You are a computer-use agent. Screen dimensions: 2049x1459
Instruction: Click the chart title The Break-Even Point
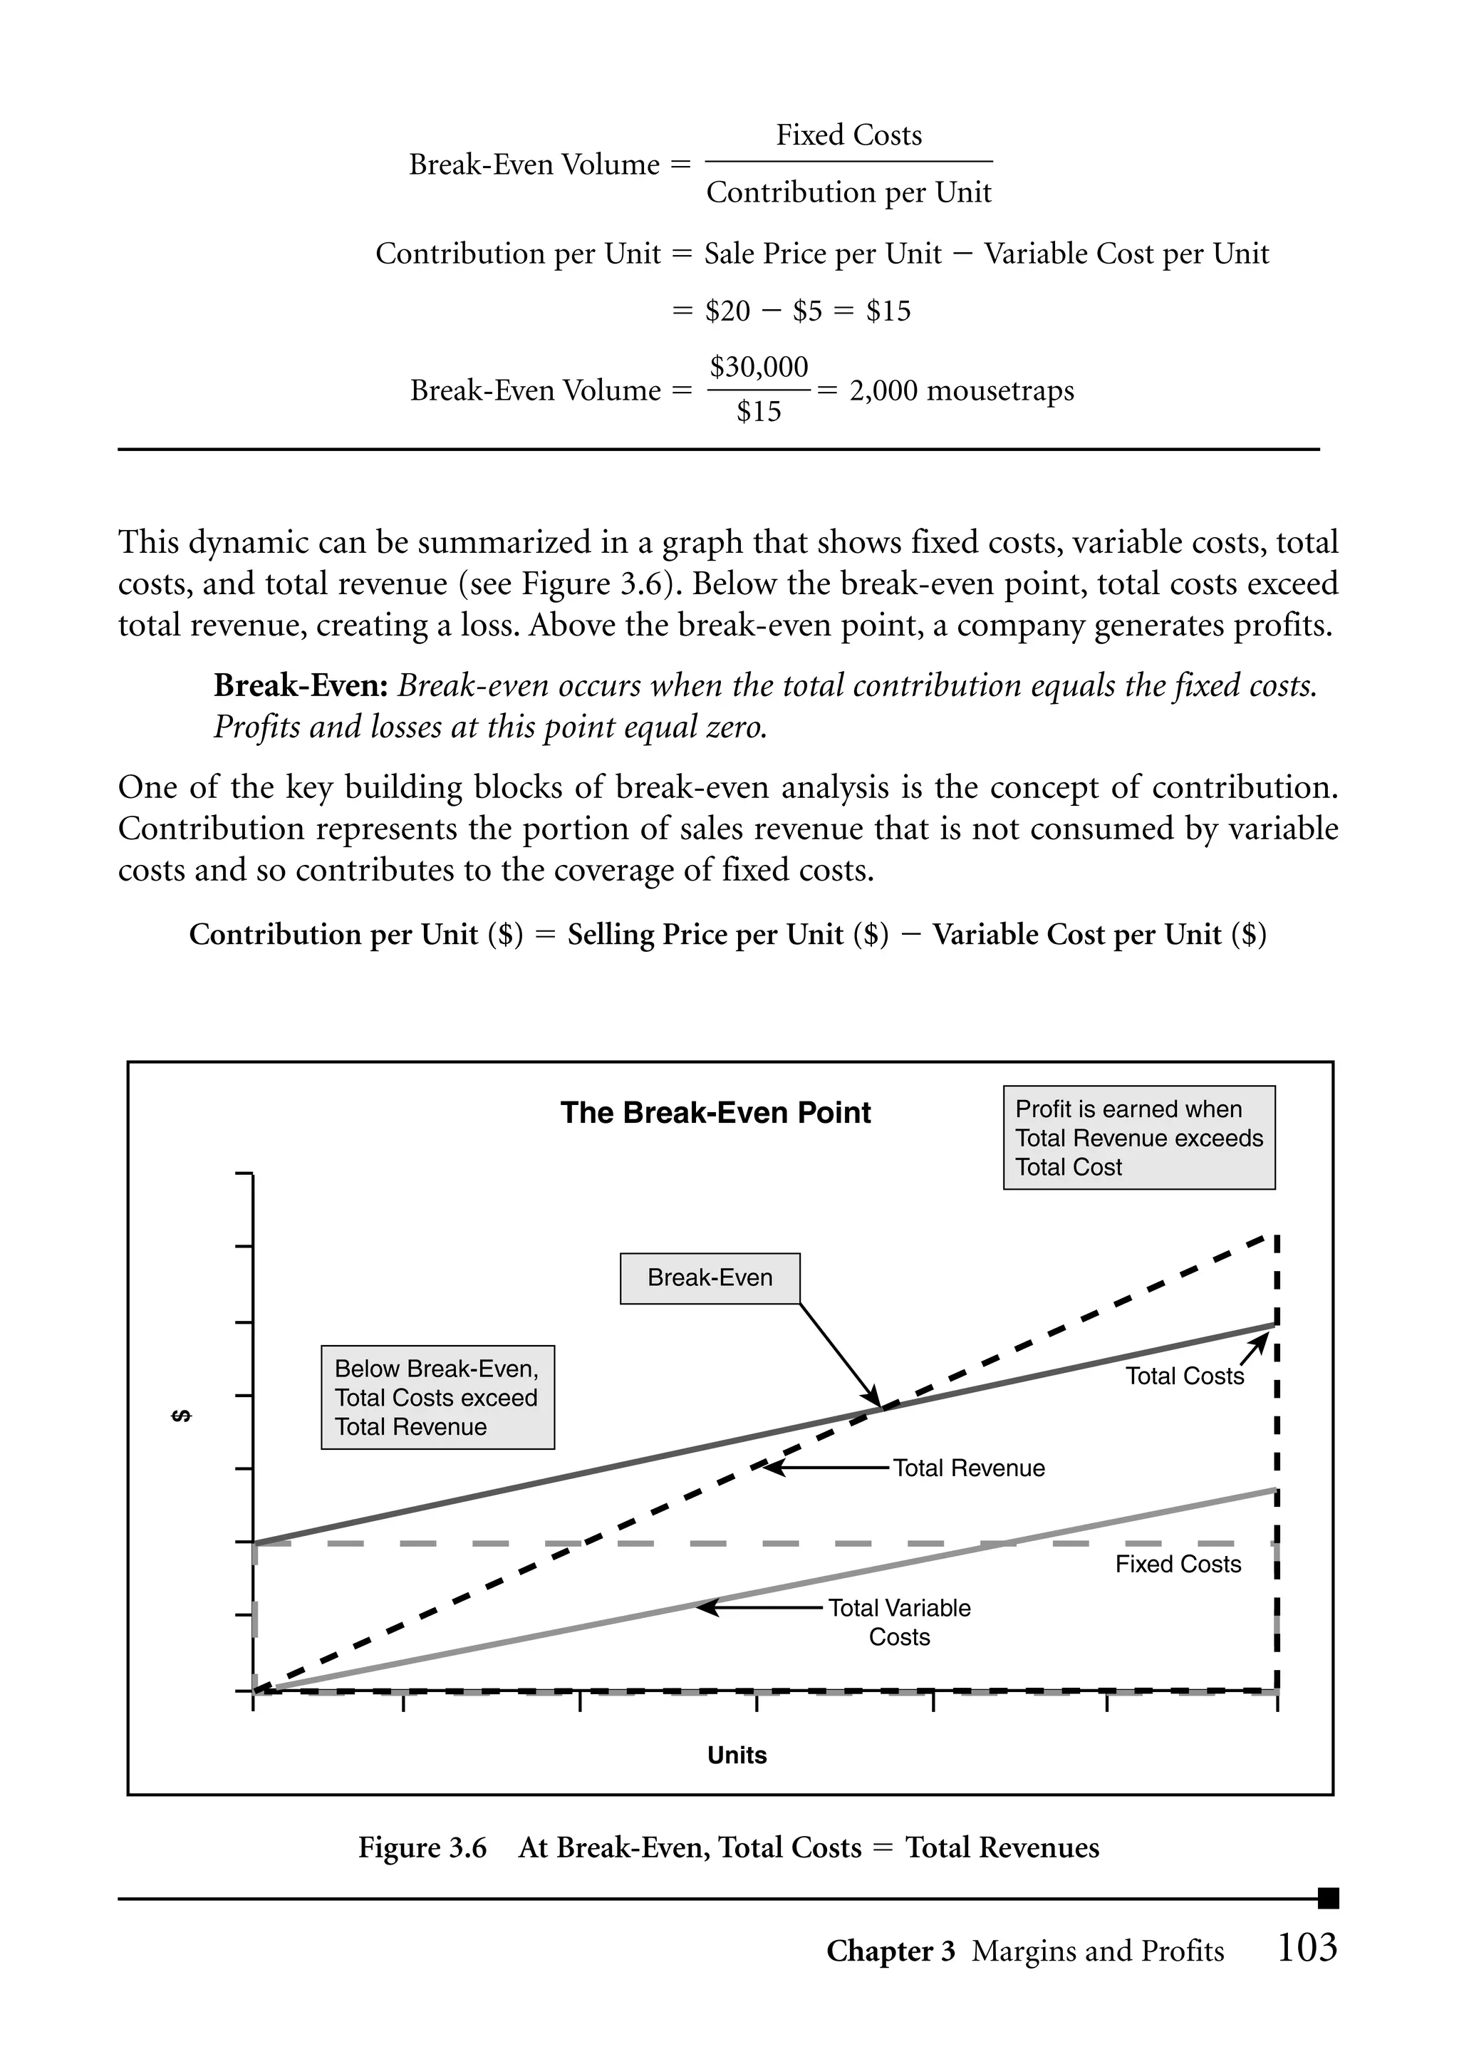(715, 1112)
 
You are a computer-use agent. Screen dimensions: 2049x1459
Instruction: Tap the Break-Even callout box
(710, 1277)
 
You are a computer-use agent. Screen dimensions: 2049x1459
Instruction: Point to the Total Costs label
(1184, 1376)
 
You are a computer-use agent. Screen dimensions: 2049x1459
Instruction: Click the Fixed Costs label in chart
(1178, 1564)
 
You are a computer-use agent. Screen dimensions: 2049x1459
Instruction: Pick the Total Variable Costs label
(898, 1622)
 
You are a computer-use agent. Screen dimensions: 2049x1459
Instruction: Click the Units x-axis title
(737, 1755)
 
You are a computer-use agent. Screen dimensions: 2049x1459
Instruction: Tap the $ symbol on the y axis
(182, 1416)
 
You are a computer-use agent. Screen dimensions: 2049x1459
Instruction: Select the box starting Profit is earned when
(1138, 1137)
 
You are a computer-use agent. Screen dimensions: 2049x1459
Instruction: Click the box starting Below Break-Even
(437, 1397)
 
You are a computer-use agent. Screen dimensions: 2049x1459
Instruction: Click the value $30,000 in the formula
(759, 366)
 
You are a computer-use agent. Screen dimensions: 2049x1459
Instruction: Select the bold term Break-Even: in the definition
(301, 685)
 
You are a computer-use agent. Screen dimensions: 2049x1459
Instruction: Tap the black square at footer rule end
(1328, 1898)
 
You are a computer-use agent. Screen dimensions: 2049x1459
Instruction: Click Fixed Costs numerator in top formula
(849, 135)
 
